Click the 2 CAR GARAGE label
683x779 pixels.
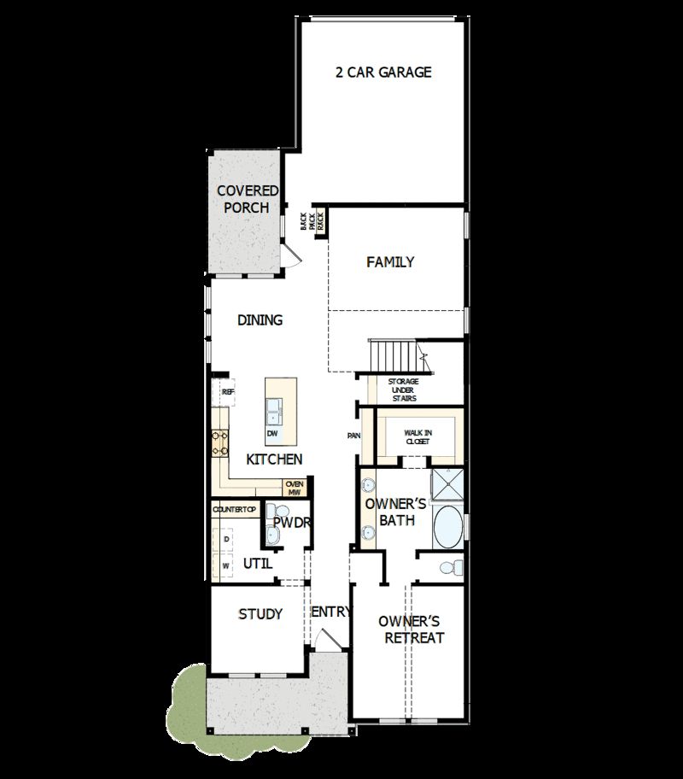click(383, 73)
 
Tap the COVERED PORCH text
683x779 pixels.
click(247, 199)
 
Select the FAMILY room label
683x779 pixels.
click(390, 262)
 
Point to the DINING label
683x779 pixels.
click(260, 320)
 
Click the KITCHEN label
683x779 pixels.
click(274, 460)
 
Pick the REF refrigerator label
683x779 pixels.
click(228, 392)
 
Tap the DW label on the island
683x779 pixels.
click(272, 434)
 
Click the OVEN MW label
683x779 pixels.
click(295, 488)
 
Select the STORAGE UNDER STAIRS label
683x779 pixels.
click(403, 389)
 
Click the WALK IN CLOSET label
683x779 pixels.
click(418, 437)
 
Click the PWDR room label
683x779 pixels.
click(291, 523)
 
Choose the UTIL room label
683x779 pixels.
click(258, 564)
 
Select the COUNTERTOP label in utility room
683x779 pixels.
click(234, 510)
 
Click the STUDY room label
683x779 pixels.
click(260, 614)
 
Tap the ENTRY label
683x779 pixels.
click(330, 612)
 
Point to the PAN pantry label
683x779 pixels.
click(353, 436)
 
